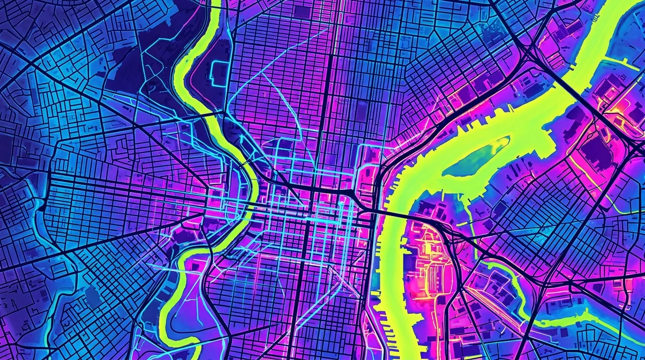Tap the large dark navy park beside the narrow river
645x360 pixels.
click(136, 70)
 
